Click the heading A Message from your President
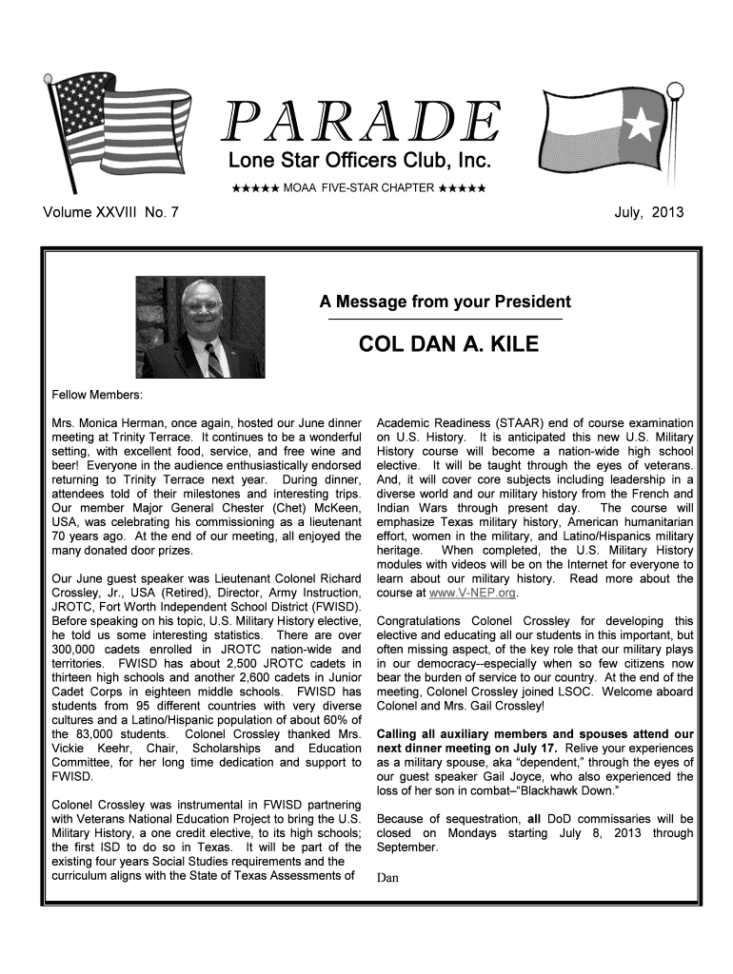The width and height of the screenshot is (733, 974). (445, 302)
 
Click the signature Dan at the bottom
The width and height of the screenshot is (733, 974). (387, 877)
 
